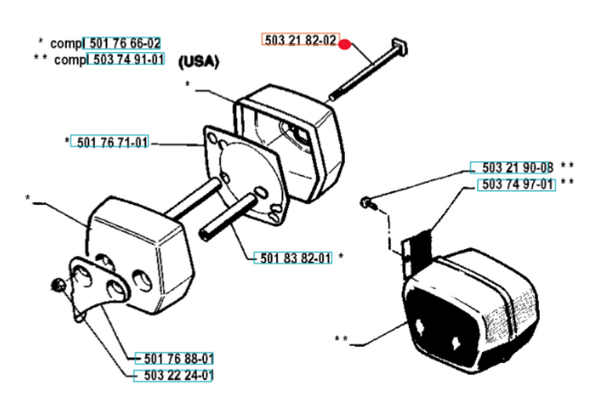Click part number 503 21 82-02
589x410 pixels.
point(300,42)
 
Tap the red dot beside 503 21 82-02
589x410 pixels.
point(345,44)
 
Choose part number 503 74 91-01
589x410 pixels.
point(126,59)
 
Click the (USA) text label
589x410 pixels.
point(199,62)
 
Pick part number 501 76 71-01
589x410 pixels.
point(110,143)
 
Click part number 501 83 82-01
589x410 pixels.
point(293,258)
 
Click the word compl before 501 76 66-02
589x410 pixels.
point(65,43)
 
